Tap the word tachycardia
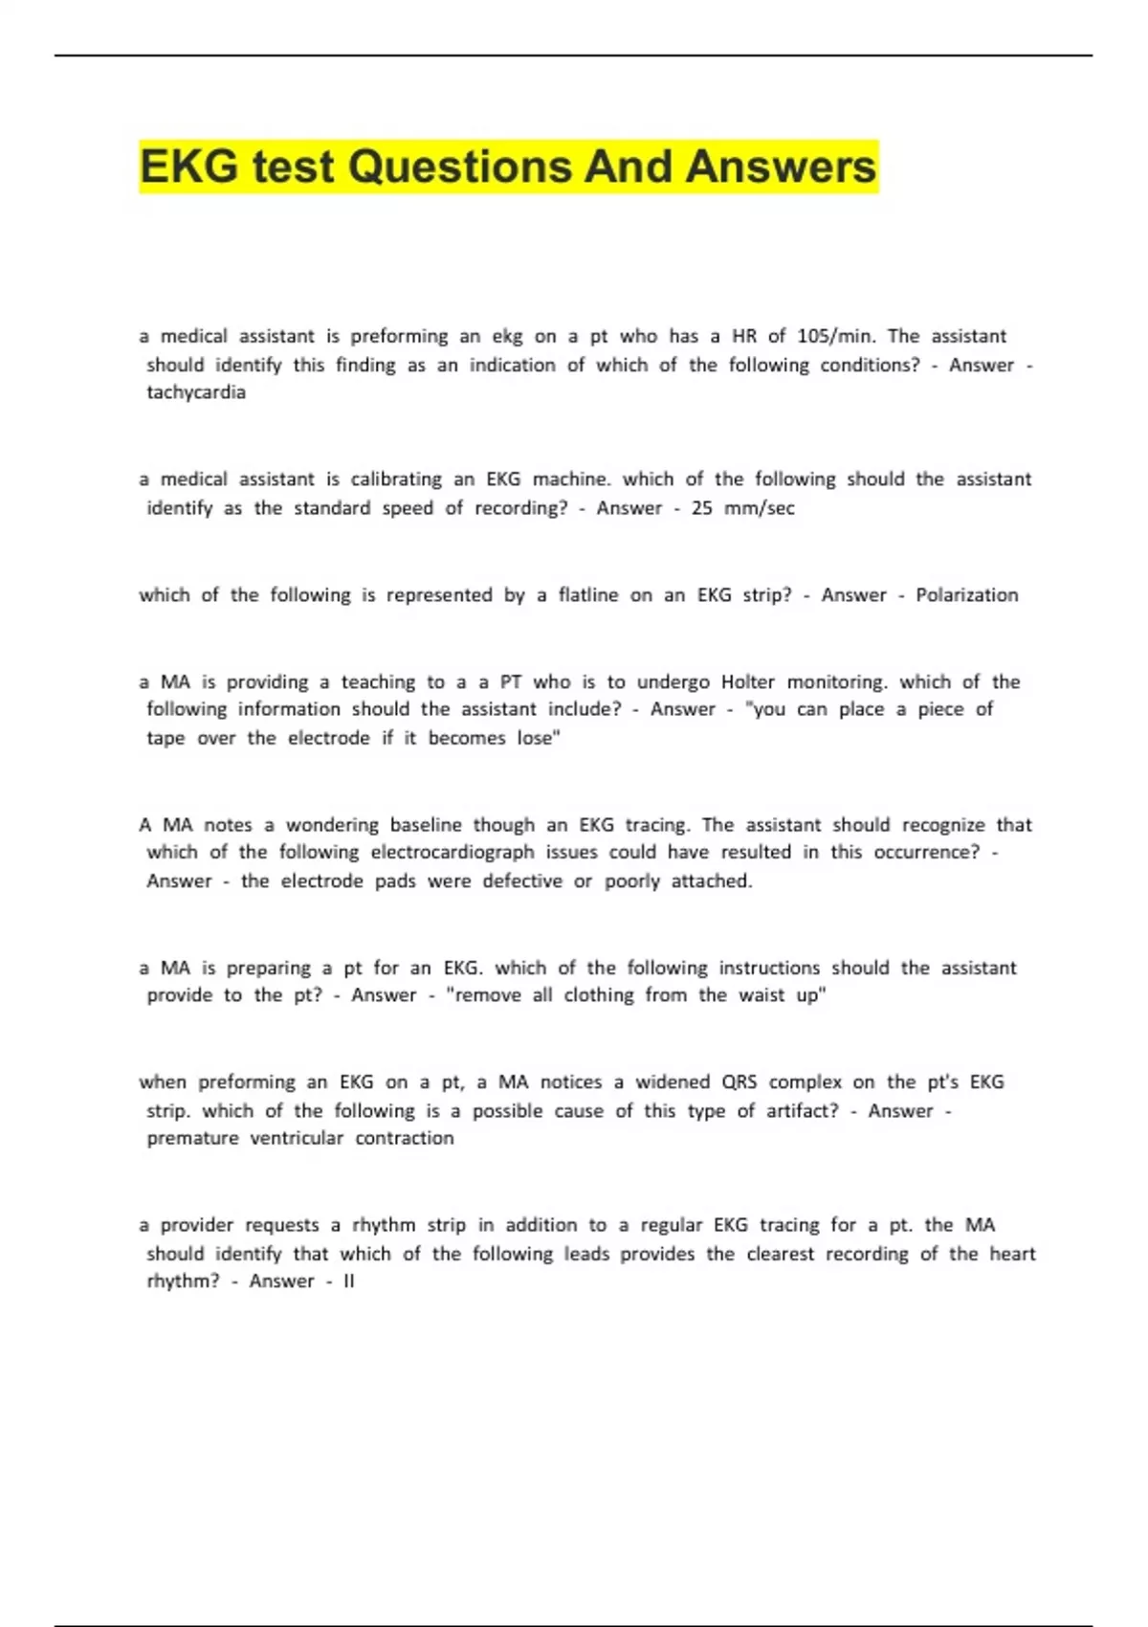pyautogui.click(x=196, y=392)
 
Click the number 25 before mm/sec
pyautogui.click(x=701, y=508)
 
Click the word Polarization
pyautogui.click(x=966, y=595)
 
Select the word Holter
pyautogui.click(x=747, y=681)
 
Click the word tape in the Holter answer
pyautogui.click(x=166, y=738)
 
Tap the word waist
pyautogui.click(x=762, y=995)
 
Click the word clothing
pyautogui.click(x=598, y=995)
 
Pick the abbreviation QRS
pyautogui.click(x=739, y=1082)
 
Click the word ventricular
pyautogui.click(x=297, y=1138)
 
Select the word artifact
pyautogui.click(x=800, y=1111)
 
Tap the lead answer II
pyautogui.click(x=348, y=1282)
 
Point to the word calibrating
pyautogui.click(x=395, y=479)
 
